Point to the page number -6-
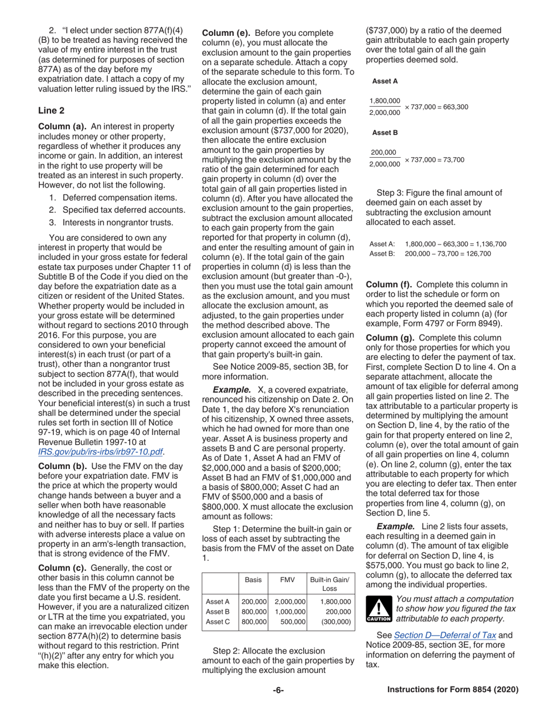(x=278, y=690)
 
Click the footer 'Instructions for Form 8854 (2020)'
(x=453, y=690)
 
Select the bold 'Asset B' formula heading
(x=385, y=133)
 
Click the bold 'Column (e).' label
(x=226, y=32)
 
